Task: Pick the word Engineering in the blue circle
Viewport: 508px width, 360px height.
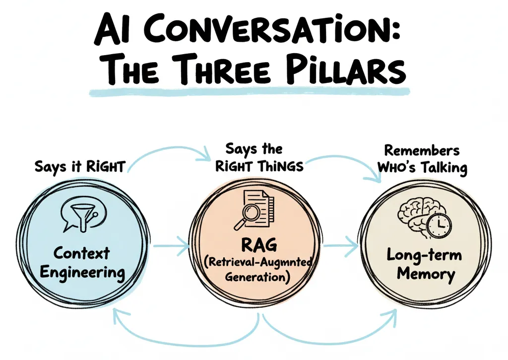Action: pos(82,272)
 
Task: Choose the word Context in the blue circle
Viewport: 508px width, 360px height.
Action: pos(81,253)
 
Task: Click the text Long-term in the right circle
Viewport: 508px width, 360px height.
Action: pos(424,256)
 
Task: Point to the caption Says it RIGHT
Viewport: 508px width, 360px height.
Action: pos(79,167)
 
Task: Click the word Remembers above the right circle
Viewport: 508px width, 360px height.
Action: pos(422,150)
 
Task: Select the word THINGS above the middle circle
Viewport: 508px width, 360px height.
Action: pos(280,166)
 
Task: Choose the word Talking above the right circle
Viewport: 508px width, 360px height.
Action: pos(444,167)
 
